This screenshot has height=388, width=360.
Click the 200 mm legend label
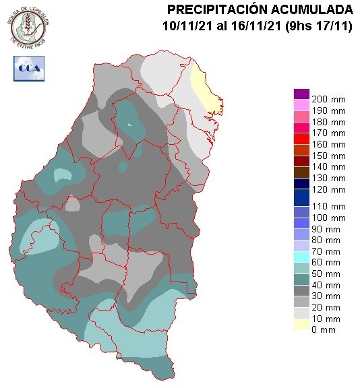[329, 99]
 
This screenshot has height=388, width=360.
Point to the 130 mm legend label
[329, 177]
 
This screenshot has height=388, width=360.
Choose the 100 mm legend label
[329, 218]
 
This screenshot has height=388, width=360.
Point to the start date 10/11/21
[185, 26]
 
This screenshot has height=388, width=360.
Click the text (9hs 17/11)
[317, 26]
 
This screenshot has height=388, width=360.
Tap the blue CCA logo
[28, 67]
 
